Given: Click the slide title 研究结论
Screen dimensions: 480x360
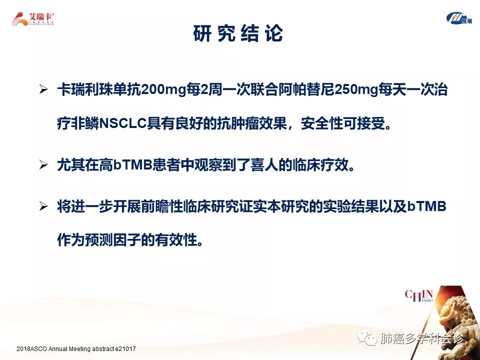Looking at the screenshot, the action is tap(238, 33).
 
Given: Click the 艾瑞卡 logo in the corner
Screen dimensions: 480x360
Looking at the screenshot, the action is tap(33, 19).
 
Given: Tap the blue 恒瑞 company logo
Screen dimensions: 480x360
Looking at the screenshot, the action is tap(458, 18).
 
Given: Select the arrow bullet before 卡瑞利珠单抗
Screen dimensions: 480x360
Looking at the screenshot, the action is tap(43, 89).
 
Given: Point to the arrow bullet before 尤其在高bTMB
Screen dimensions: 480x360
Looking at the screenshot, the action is tap(43, 165).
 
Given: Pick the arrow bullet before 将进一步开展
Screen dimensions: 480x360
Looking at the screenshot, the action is tap(43, 206).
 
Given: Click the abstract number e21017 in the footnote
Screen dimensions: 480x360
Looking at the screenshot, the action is tap(125, 348).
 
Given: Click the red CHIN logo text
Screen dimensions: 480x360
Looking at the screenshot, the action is tap(419, 295).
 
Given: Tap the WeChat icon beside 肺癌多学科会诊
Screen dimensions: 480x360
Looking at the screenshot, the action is tap(367, 338).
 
